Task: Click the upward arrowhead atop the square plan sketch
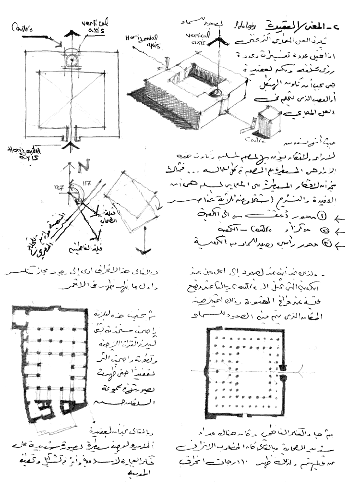coord(72,33)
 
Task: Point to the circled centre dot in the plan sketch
coord(72,61)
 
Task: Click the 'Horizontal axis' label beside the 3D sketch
coord(140,41)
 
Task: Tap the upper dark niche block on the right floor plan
coord(283,367)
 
